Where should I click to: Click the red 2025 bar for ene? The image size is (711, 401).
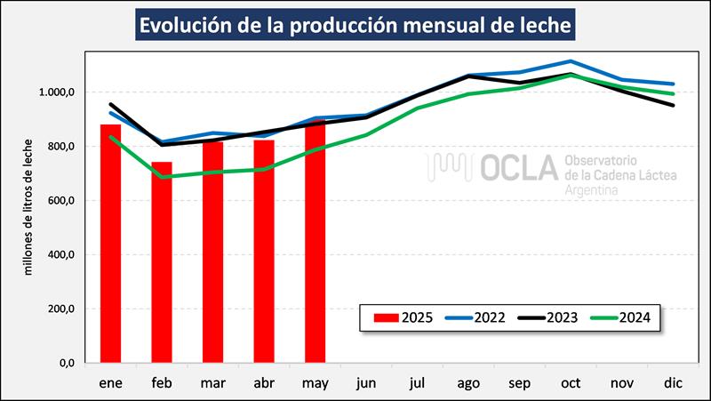click(110, 244)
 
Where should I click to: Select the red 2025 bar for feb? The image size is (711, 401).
click(162, 262)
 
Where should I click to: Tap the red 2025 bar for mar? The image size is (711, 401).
click(213, 252)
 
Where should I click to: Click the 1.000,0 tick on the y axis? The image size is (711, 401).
click(56, 92)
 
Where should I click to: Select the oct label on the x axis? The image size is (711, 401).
click(571, 383)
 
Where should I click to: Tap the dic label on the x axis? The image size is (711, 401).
click(674, 383)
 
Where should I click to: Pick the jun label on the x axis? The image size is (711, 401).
click(366, 383)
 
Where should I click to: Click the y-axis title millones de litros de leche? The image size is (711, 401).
click(28, 206)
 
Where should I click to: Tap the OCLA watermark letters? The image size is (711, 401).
click(511, 168)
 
